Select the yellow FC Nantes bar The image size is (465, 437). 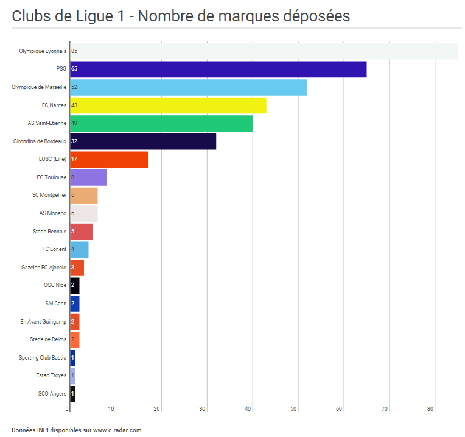click(x=168, y=105)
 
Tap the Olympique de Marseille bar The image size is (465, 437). click(x=188, y=87)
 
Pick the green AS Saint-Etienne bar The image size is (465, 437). click(x=161, y=123)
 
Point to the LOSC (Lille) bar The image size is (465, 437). click(x=109, y=159)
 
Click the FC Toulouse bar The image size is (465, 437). click(x=88, y=177)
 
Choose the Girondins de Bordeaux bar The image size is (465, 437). click(x=143, y=141)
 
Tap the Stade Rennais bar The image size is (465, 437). click(x=82, y=232)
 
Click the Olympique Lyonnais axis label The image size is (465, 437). click(x=43, y=51)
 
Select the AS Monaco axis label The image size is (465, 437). click(x=53, y=213)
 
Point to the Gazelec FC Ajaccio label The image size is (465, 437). click(x=44, y=268)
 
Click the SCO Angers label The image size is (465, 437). click(x=52, y=394)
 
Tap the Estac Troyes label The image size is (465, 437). click(x=51, y=375)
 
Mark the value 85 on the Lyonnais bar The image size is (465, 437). click(x=74, y=51)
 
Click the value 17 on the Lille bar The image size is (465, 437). click(x=74, y=159)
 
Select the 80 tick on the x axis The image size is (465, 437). click(x=430, y=409)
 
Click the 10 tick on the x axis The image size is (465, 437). click(x=113, y=409)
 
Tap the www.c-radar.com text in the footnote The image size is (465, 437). click(x=117, y=430)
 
